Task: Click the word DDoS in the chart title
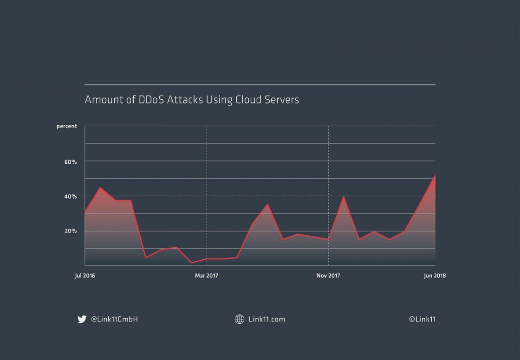click(x=150, y=100)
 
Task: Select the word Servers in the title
click(x=284, y=100)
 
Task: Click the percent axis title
click(x=67, y=126)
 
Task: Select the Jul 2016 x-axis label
click(x=85, y=276)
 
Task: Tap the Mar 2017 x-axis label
click(x=207, y=276)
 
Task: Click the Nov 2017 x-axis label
click(x=328, y=276)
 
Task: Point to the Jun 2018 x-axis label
click(x=435, y=276)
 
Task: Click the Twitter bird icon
click(x=82, y=319)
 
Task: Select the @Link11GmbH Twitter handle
click(x=114, y=319)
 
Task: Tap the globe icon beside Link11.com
click(x=240, y=319)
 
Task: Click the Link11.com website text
click(x=267, y=319)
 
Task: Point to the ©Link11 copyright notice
click(x=422, y=319)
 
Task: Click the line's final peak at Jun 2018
click(x=435, y=176)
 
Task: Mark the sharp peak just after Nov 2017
click(x=344, y=197)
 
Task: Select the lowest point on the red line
click(x=191, y=263)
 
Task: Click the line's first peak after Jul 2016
click(x=100, y=187)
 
